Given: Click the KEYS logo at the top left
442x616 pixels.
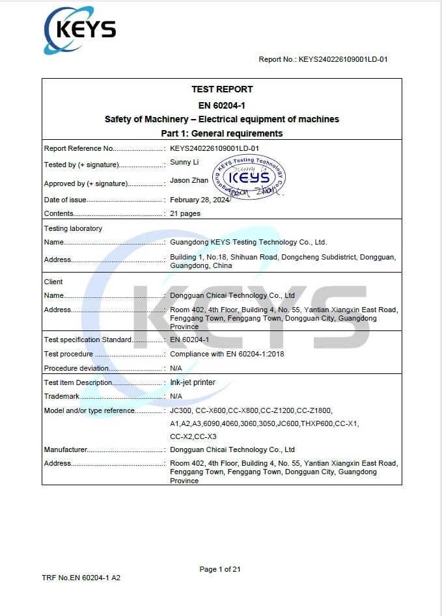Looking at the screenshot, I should tap(79, 30).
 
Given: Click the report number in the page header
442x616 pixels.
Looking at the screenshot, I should tap(324, 59).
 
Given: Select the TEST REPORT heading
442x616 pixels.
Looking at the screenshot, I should tap(222, 89).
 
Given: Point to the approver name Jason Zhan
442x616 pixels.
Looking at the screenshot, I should tap(189, 180).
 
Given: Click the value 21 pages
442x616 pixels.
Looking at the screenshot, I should tap(185, 213).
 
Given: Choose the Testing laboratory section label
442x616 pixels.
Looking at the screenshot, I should tap(73, 228).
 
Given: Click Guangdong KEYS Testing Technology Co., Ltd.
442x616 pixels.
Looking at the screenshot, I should tap(248, 242).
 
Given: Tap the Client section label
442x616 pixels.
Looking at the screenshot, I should tap(53, 282).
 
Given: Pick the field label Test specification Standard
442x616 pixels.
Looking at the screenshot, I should tap(88, 340).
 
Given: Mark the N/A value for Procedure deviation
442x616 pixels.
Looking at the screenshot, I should tap(176, 368).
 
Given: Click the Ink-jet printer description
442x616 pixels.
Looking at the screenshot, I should tap(192, 382).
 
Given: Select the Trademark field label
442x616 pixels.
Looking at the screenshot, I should tap(62, 396).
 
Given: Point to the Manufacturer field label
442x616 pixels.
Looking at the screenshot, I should tap(66, 449).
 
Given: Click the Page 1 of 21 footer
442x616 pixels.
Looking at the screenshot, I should tap(220, 569).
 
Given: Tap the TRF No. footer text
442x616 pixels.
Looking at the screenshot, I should tap(81, 578).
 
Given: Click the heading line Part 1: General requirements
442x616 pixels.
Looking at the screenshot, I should tap(222, 133).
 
